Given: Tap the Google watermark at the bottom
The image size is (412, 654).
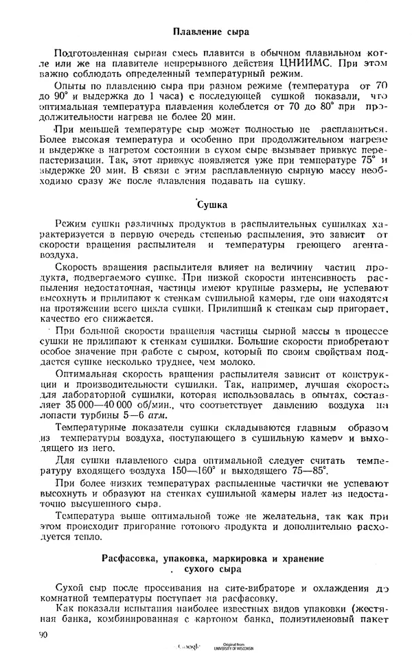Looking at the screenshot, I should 189,647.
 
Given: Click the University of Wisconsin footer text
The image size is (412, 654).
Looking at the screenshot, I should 233,649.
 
